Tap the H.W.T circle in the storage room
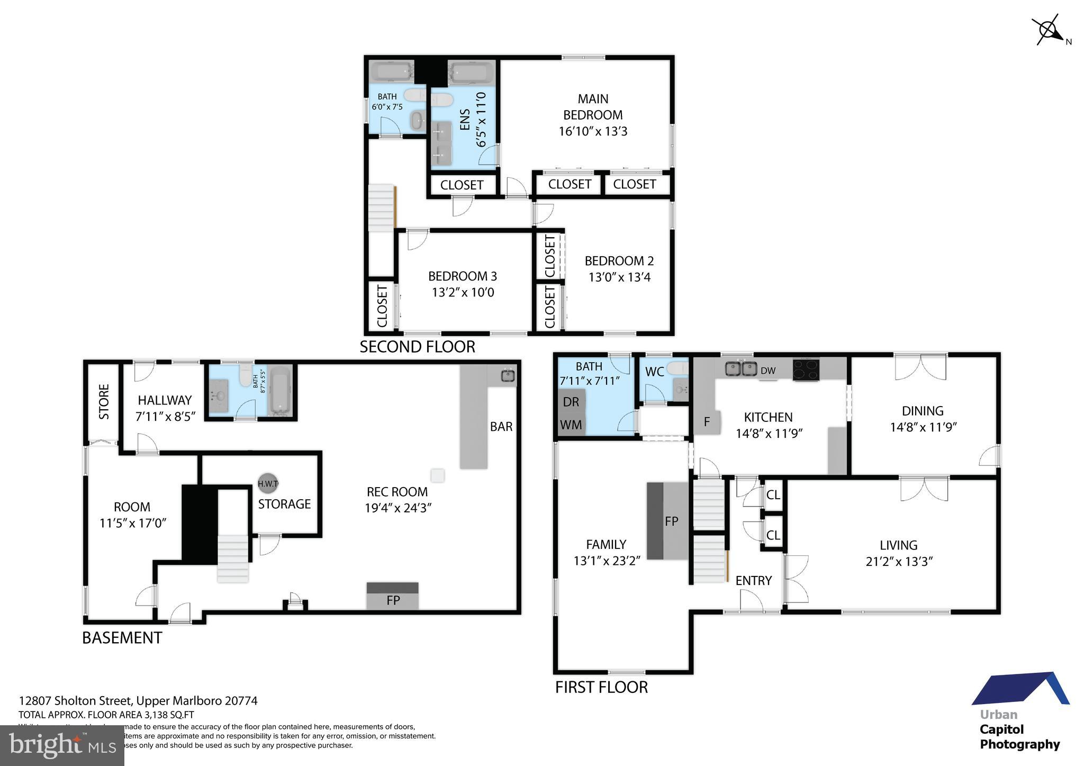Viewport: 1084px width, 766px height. tap(268, 483)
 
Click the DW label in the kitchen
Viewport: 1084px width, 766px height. tap(767, 371)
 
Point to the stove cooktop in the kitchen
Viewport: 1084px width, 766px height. tap(806, 369)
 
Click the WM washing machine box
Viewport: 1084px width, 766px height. tap(571, 425)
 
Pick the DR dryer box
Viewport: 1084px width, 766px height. tap(571, 402)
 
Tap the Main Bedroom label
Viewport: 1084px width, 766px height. tap(593, 106)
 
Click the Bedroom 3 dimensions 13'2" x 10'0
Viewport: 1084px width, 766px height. tap(463, 292)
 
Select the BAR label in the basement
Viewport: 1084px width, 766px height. tap(501, 427)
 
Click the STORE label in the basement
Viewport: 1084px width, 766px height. tap(104, 402)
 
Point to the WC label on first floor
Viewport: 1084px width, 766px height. tap(654, 372)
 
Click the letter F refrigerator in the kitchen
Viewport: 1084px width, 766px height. tap(707, 422)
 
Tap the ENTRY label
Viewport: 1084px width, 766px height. tap(753, 581)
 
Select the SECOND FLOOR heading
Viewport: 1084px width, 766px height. tap(417, 347)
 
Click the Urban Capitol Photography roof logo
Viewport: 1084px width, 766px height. tap(1020, 689)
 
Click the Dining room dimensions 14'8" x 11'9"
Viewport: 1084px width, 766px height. tap(923, 427)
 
